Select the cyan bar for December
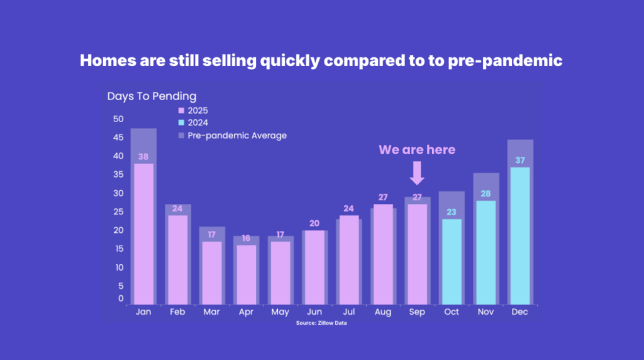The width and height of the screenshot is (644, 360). [x=519, y=235]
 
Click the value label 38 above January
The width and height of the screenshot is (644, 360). [x=143, y=157]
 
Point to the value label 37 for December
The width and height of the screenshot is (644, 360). [x=519, y=160]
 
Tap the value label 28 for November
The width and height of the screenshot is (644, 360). [x=486, y=193]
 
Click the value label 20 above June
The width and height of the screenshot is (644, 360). [x=314, y=223]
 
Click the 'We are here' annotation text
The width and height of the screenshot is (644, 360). [x=417, y=150]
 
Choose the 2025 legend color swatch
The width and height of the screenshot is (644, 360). [x=181, y=111]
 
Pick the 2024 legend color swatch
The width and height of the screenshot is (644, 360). [x=181, y=123]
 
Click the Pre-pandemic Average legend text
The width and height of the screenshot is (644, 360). [x=237, y=135]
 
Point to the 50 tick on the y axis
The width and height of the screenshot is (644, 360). [x=118, y=119]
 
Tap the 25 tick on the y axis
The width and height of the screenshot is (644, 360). [x=118, y=211]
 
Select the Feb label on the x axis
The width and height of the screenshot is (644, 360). [x=177, y=312]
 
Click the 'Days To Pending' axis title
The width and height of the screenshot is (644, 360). [x=152, y=96]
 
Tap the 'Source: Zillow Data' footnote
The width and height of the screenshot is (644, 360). [x=321, y=323]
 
